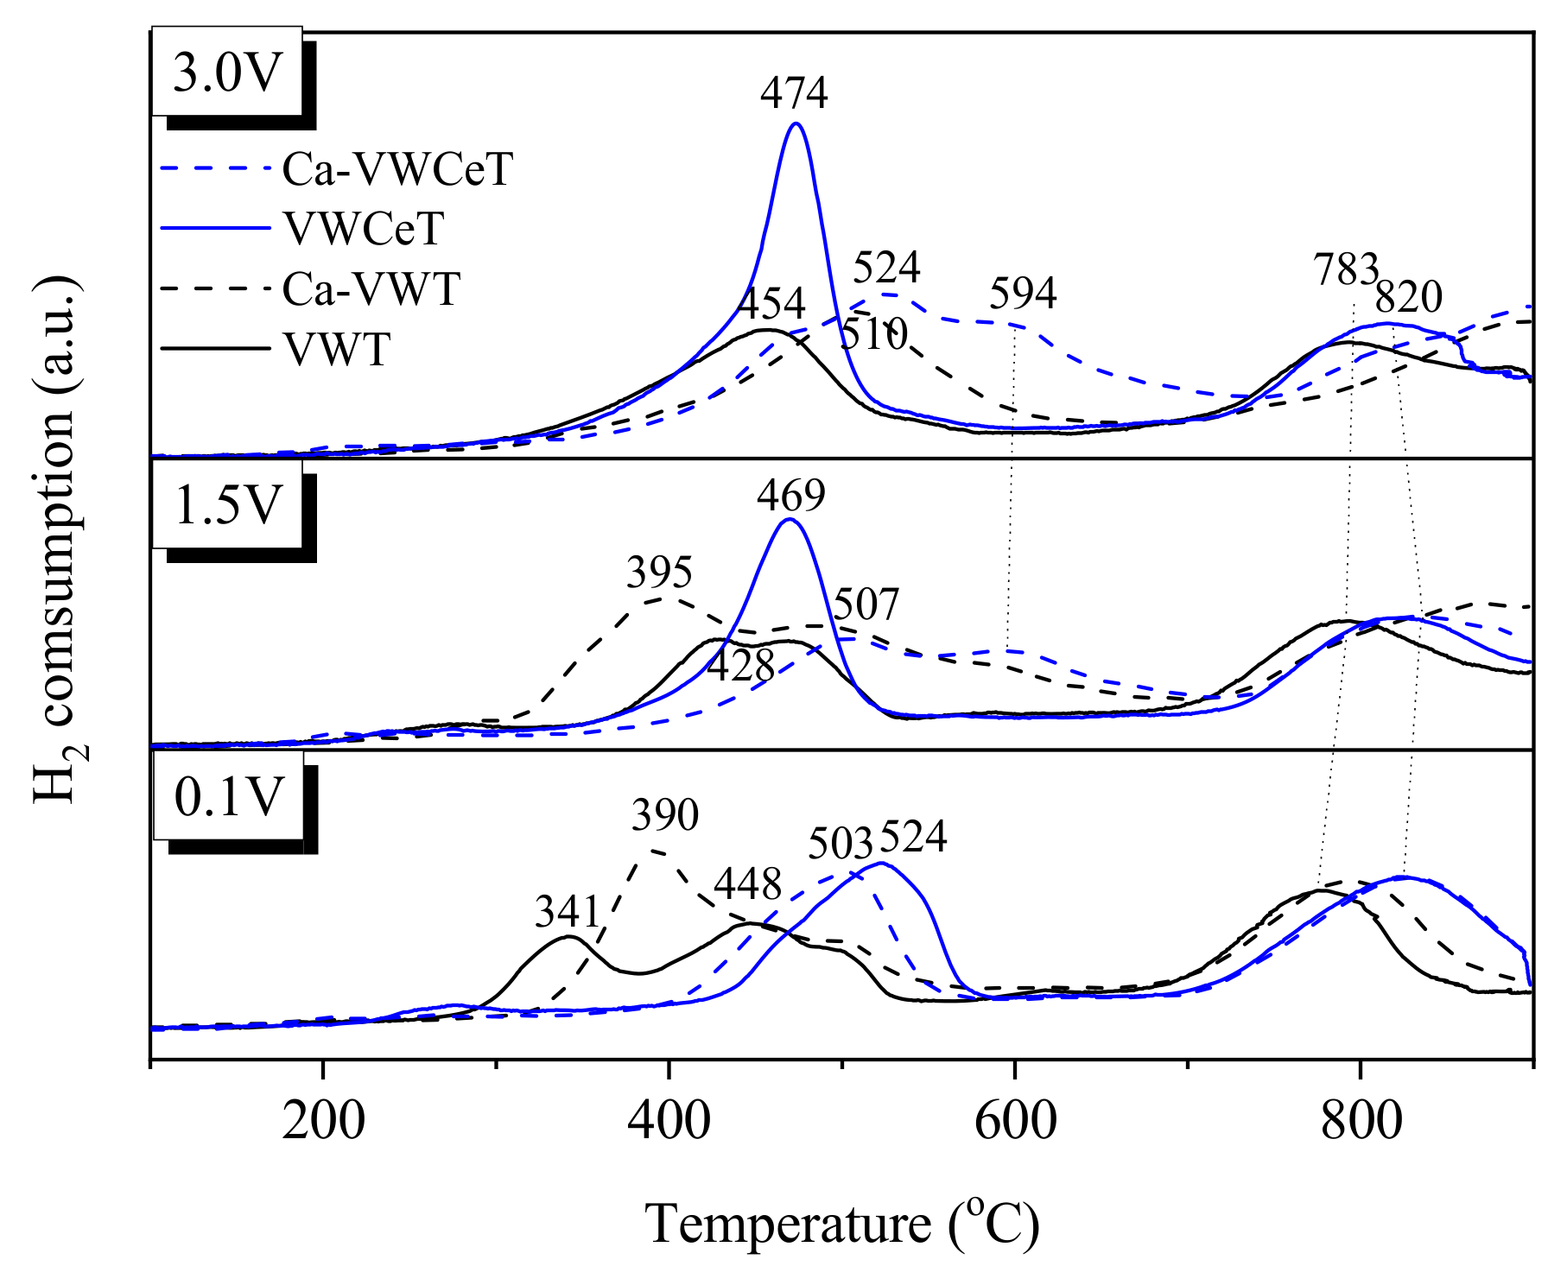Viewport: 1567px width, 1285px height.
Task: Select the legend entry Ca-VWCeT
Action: pyautogui.click(x=397, y=169)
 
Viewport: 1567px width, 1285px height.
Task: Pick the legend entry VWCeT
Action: pyautogui.click(x=363, y=229)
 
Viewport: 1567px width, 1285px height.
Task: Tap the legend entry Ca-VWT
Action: pyautogui.click(x=371, y=288)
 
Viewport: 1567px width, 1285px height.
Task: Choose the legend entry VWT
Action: pyautogui.click(x=337, y=350)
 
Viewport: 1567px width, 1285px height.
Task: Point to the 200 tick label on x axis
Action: pyautogui.click(x=323, y=1121)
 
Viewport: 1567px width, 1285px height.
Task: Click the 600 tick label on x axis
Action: pyautogui.click(x=1015, y=1121)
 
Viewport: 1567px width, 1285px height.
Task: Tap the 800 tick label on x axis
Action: pyautogui.click(x=1361, y=1121)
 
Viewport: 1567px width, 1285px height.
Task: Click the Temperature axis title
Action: pyautogui.click(x=842, y=1224)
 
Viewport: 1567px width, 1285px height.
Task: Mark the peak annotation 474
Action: pyautogui.click(x=794, y=93)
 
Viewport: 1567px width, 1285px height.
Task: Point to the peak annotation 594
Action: pyautogui.click(x=1023, y=294)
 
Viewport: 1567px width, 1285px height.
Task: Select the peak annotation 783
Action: pyautogui.click(x=1345, y=270)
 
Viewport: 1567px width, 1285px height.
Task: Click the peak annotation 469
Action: pyautogui.click(x=791, y=496)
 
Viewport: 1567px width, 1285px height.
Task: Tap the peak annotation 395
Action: pyautogui.click(x=660, y=573)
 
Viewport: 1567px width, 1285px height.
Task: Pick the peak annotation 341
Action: pyautogui.click(x=568, y=912)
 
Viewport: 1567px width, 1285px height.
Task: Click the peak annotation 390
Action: pyautogui.click(x=664, y=815)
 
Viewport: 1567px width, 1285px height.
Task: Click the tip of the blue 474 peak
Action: pyautogui.click(x=796, y=123)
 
